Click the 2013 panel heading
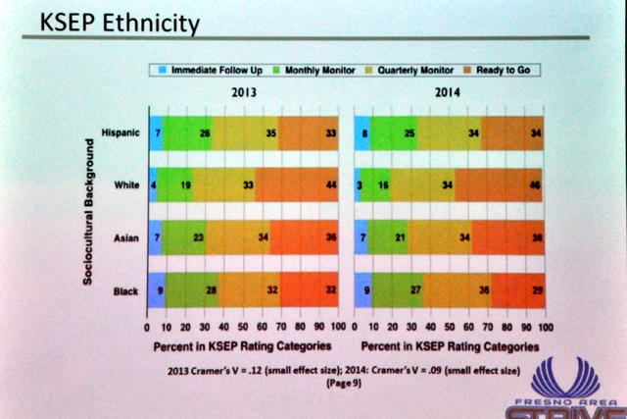245,92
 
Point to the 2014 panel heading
448,92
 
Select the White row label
128,183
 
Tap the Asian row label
128,236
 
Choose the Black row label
128,290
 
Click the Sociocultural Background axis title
87,211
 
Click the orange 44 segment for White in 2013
296,183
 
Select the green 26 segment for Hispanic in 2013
187,131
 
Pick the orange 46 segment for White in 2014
500,183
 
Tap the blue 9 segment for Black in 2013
156,290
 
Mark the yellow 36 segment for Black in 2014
456,290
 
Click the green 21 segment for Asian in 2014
388,236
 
